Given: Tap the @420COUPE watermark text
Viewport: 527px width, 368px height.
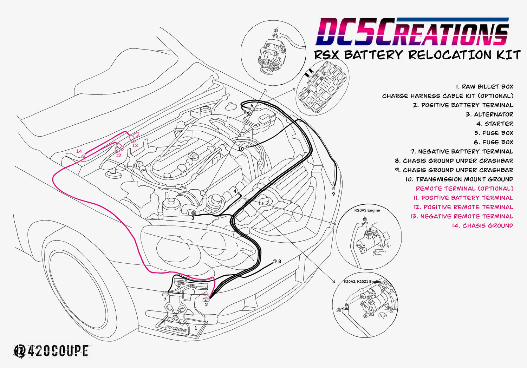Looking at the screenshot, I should click(51, 351).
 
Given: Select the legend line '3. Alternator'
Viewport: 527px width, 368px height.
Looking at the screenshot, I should click(489, 114).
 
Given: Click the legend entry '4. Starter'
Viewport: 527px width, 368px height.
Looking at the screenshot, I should click(495, 124).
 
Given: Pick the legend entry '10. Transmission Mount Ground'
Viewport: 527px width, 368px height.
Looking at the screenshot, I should click(459, 179).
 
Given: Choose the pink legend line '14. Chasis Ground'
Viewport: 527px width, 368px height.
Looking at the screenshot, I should click(482, 225).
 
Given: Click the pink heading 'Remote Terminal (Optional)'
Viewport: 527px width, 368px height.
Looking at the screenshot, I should click(464, 189).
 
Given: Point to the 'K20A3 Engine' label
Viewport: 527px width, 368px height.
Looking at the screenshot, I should click(367, 210).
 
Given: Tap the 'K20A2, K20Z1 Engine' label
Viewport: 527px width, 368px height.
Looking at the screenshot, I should click(362, 282).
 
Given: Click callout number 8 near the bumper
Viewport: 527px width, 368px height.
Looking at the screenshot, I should click(280, 261).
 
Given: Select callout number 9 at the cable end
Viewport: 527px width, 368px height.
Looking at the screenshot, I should click(333, 194).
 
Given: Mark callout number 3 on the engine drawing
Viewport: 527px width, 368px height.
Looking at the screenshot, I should click(193, 218).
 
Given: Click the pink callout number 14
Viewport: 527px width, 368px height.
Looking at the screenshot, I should click(79, 151).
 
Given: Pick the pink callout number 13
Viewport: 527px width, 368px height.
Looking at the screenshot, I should click(135, 145).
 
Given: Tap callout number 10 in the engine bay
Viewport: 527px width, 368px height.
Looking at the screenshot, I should click(241, 149).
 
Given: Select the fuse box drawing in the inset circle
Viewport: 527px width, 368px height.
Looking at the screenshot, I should click(323, 87).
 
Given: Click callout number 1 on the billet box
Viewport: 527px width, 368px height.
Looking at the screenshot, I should click(196, 328).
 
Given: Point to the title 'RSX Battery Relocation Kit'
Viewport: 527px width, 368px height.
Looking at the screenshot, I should click(417, 55).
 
